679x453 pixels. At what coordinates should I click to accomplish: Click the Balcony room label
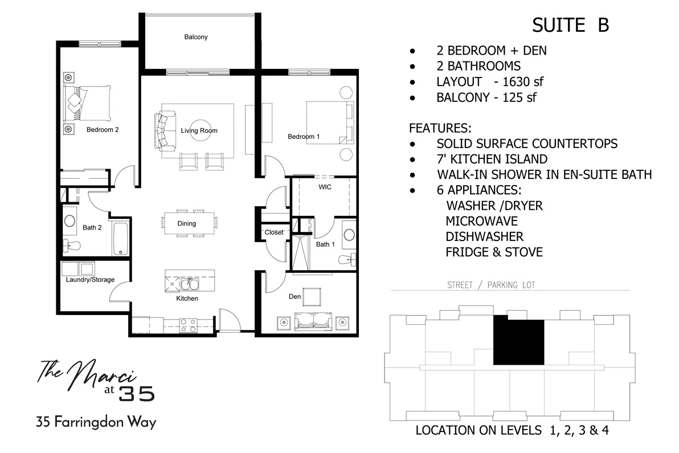pos(195,37)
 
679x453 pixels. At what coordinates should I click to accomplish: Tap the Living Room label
pos(199,130)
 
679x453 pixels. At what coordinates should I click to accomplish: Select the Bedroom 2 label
pos(103,129)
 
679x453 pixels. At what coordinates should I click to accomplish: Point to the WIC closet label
pos(325,186)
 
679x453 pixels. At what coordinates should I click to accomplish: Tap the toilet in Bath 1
pos(346,259)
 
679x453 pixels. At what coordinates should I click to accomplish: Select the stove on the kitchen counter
pos(189,325)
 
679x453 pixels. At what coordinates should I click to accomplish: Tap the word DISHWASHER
pos(484,236)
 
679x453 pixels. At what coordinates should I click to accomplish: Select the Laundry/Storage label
pos(90,280)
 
